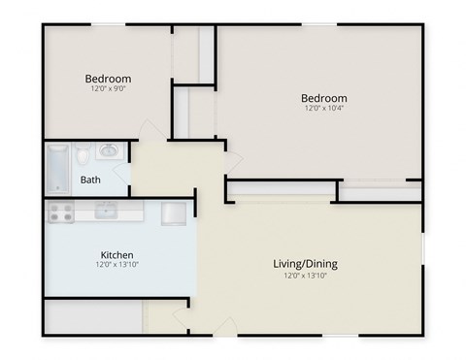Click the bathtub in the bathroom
pyautogui.click(x=57, y=168)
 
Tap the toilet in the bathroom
pyautogui.click(x=84, y=155)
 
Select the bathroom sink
pyautogui.click(x=109, y=151)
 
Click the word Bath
pyautogui.click(x=90, y=180)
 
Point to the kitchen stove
pyautogui.click(x=61, y=213)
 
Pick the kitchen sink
pyautogui.click(x=106, y=211)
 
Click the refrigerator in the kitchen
pyautogui.click(x=174, y=213)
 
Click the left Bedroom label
pyautogui.click(x=108, y=79)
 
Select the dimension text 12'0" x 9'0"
pyautogui.click(x=108, y=88)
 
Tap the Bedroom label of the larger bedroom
pyautogui.click(x=323, y=98)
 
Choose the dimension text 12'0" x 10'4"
pyautogui.click(x=323, y=109)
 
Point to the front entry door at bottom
pyautogui.click(x=224, y=328)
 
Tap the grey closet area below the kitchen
pyautogui.click(x=92, y=317)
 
